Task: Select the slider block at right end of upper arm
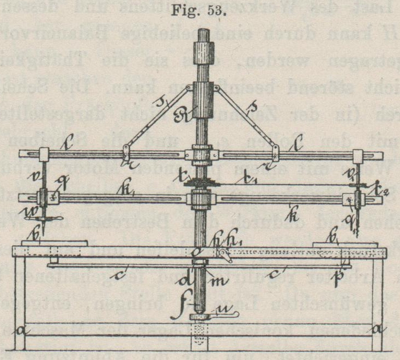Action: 359,156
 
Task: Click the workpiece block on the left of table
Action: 53,242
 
